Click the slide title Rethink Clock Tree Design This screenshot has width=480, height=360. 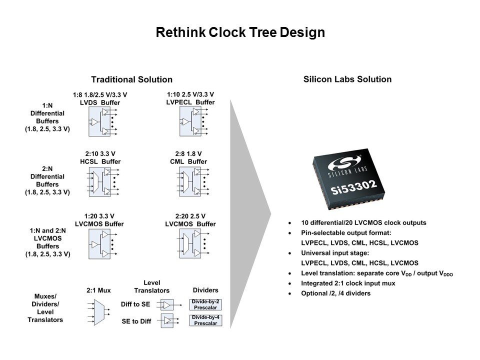pyautogui.click(x=240, y=32)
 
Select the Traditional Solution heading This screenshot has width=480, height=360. pyautogui.click(x=131, y=79)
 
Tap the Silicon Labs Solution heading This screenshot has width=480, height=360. pyautogui.click(x=347, y=79)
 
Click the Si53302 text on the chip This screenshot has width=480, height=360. pyautogui.click(x=353, y=187)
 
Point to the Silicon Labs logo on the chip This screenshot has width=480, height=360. pyautogui.click(x=345, y=163)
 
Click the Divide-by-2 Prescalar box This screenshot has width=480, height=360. pyautogui.click(x=205, y=304)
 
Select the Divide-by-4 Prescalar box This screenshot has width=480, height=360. pyautogui.click(x=205, y=320)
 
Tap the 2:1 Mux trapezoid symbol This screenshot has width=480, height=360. pyautogui.click(x=99, y=312)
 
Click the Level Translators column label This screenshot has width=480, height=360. pyautogui.click(x=152, y=286)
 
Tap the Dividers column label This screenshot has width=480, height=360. pyautogui.click(x=205, y=290)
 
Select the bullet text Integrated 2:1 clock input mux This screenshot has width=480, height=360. pyautogui.click(x=348, y=283)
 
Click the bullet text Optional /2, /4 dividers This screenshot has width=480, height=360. pyautogui.click(x=336, y=293)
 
